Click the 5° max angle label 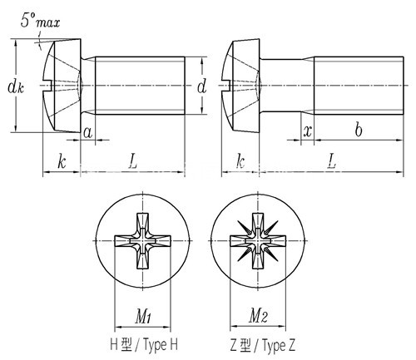coord(40,21)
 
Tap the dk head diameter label coord(16,86)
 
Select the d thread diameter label coord(202,86)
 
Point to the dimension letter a coord(87,133)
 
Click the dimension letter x coord(308,131)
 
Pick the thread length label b coord(359,129)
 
